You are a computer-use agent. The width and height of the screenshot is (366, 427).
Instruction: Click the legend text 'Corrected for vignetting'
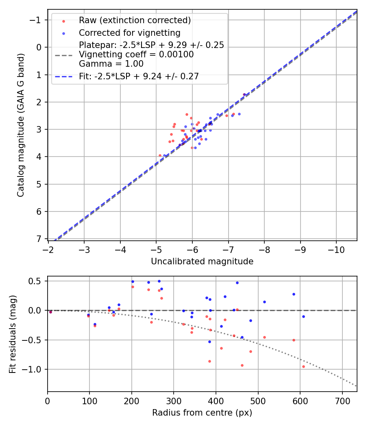click(129, 33)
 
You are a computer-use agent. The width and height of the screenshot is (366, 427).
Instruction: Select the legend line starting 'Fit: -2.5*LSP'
click(139, 76)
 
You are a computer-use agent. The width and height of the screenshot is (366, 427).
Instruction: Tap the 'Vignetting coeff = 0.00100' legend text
click(136, 54)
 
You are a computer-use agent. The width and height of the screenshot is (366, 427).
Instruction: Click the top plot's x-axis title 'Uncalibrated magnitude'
click(202, 261)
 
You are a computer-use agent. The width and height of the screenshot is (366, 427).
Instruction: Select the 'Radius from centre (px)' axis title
click(202, 413)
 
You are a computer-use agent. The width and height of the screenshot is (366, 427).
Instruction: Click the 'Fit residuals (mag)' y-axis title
click(13, 334)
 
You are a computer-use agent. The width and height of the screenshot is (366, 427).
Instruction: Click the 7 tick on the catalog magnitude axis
click(39, 239)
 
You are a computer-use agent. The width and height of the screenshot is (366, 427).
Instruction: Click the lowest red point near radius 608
click(303, 366)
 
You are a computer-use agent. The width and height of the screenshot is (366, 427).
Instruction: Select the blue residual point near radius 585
click(294, 294)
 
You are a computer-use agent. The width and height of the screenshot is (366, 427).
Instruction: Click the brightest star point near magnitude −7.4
click(244, 94)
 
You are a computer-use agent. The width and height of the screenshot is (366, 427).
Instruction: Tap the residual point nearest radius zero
click(50, 312)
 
